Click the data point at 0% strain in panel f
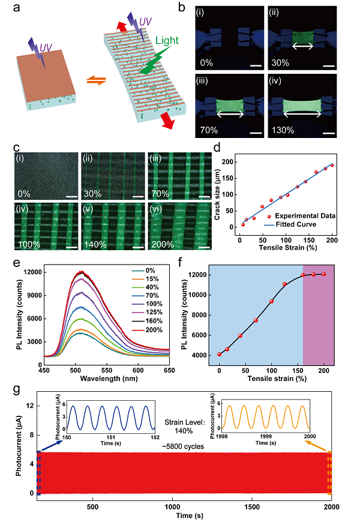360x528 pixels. click(x=220, y=354)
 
